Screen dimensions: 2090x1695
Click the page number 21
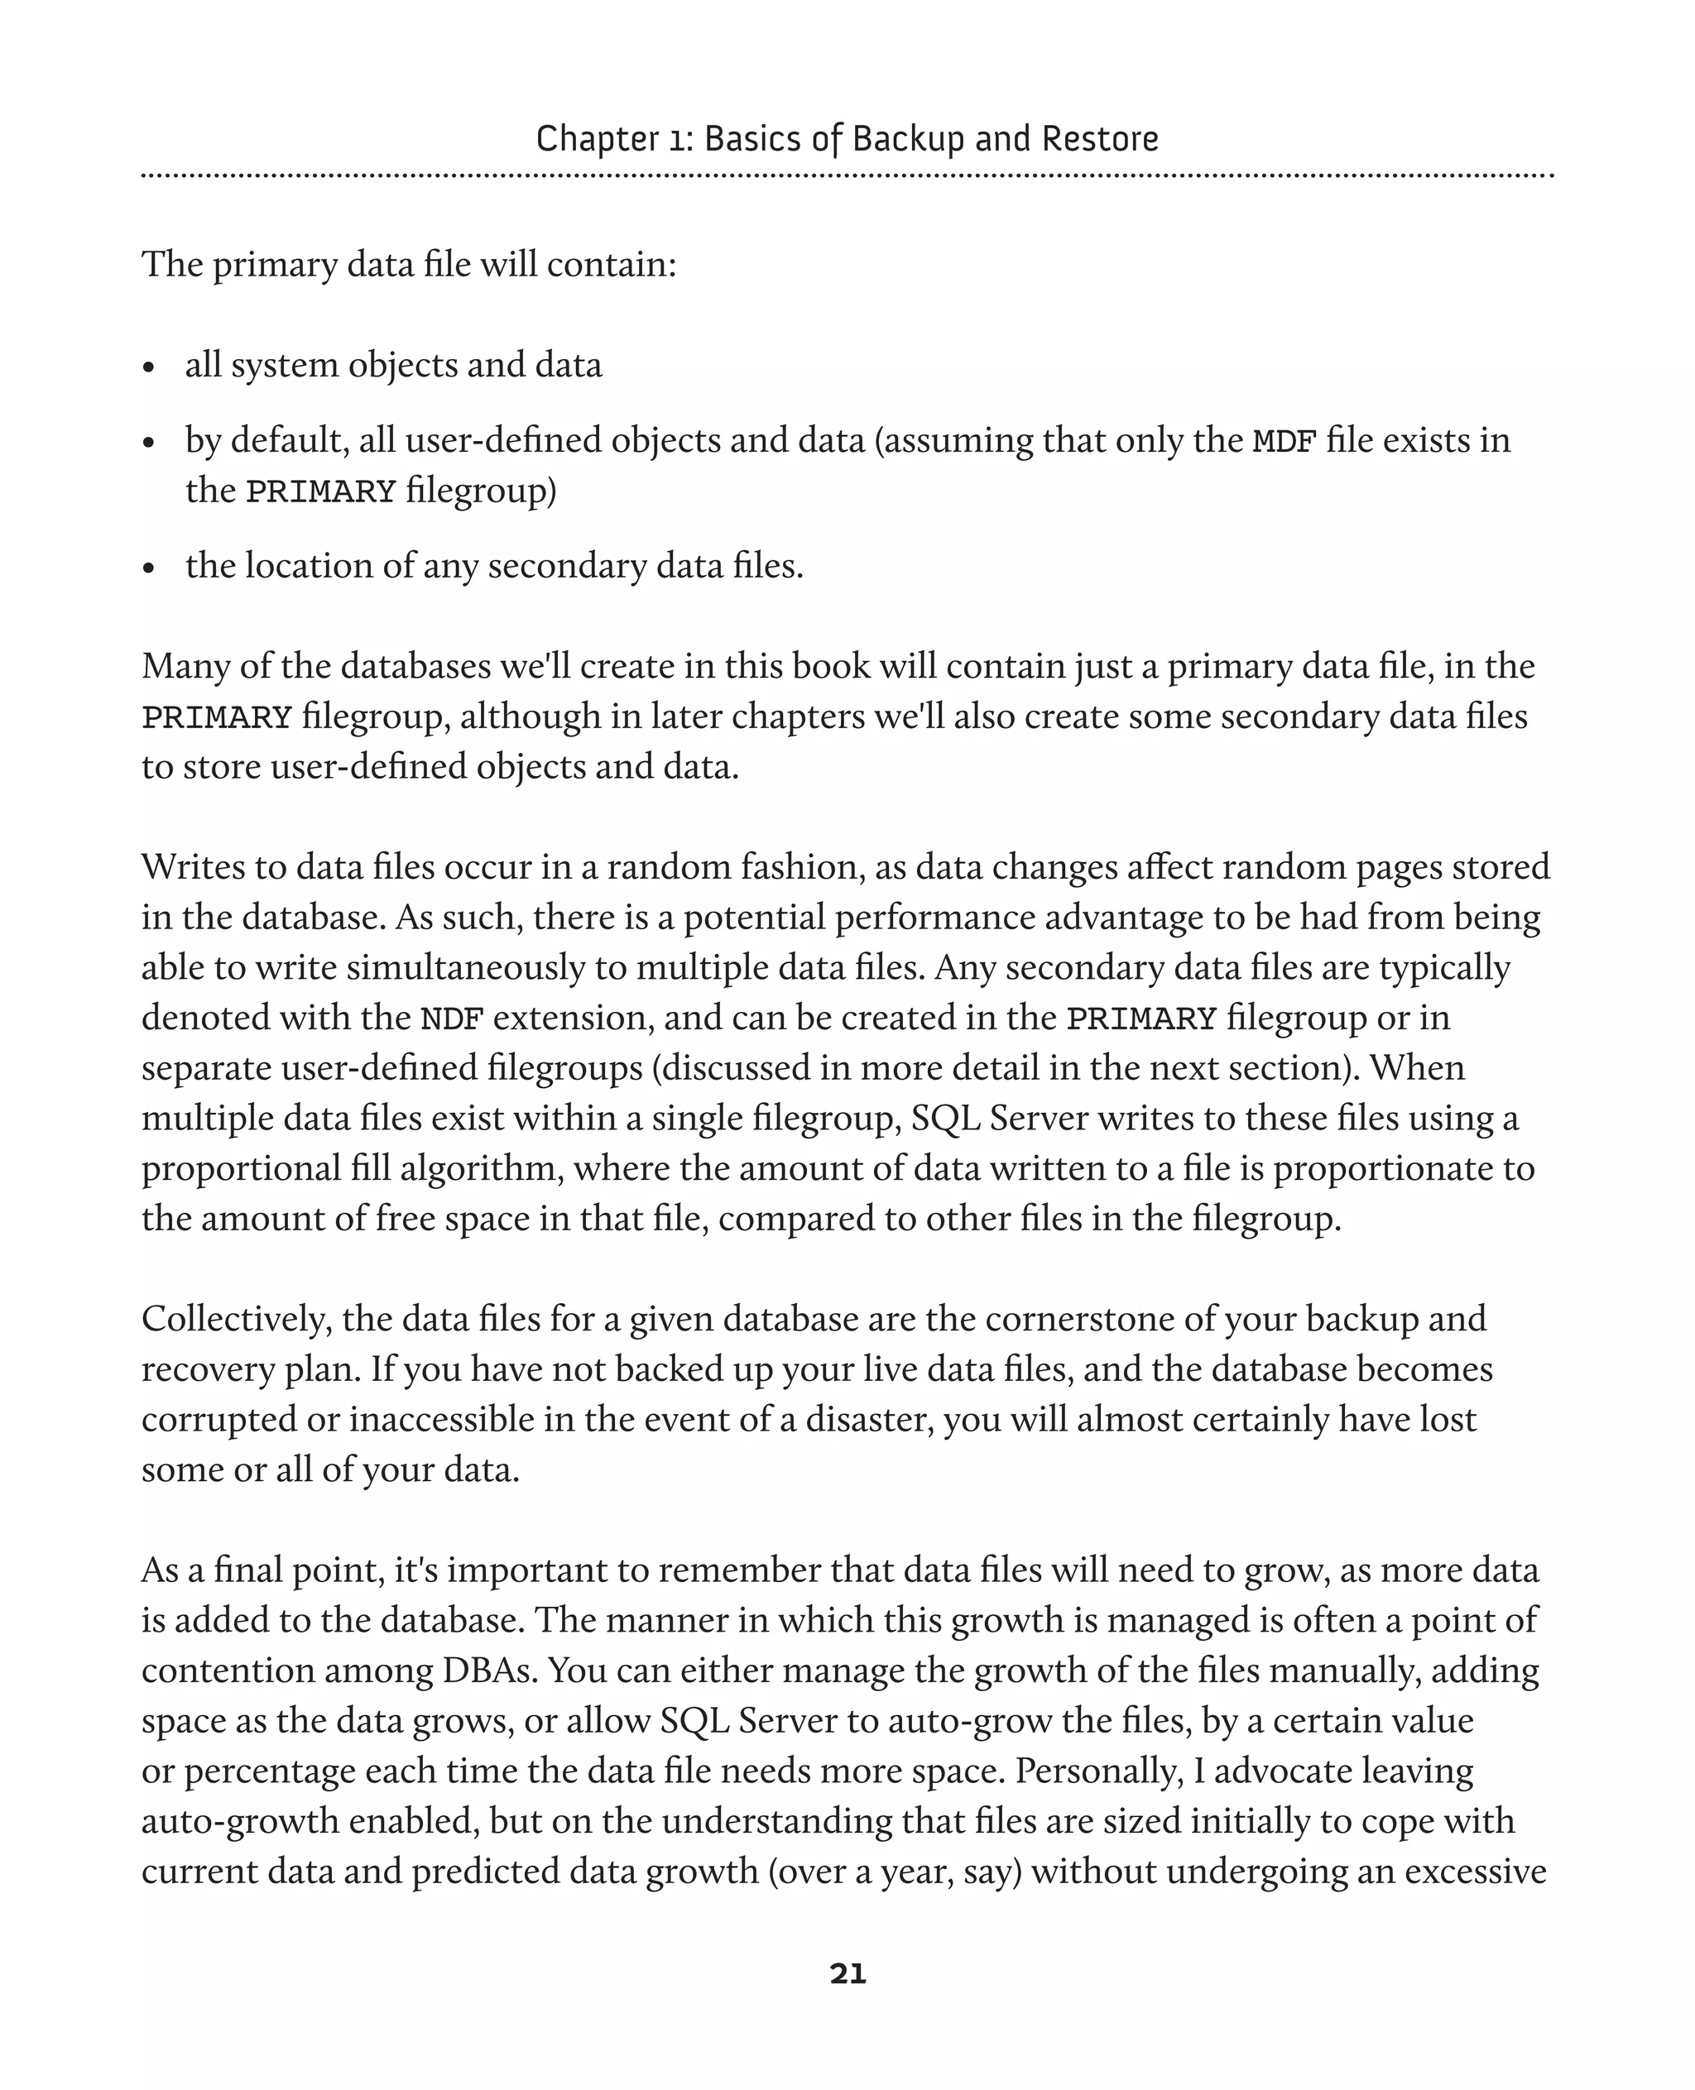[x=847, y=1974]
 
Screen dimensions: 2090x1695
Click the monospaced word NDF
[x=451, y=1019]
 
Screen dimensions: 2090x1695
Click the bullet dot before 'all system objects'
[x=149, y=368]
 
